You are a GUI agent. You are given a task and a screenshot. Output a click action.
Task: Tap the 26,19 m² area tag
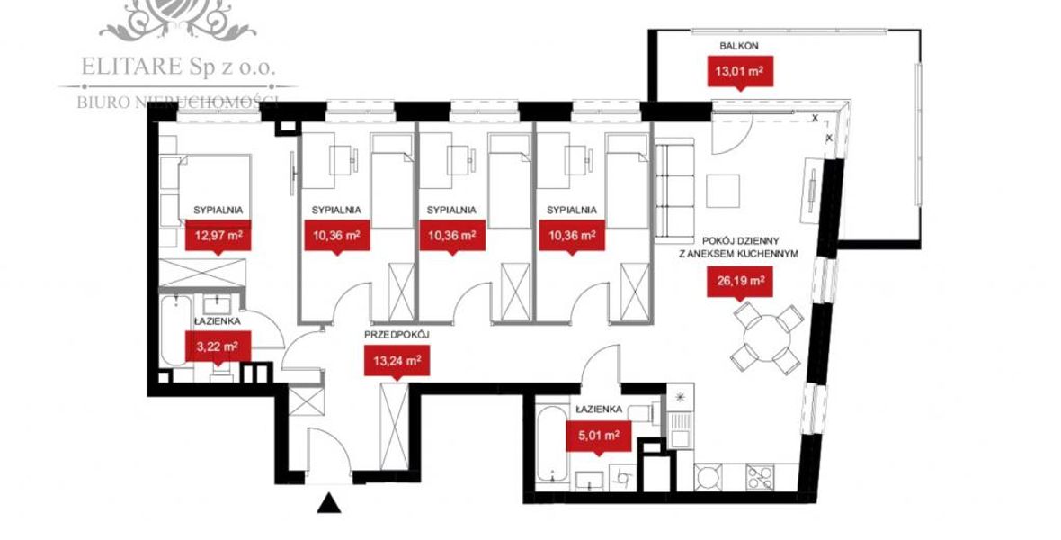740,281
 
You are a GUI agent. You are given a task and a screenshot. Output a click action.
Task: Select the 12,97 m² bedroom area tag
218,237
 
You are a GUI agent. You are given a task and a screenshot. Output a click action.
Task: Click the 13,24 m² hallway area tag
397,364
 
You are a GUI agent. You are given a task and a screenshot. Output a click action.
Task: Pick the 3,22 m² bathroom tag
218,347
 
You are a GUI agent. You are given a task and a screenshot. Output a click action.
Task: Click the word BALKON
739,46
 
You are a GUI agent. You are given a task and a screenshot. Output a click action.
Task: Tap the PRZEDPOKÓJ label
397,335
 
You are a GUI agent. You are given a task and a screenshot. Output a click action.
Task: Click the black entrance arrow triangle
328,503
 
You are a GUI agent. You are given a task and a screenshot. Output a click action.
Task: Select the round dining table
767,337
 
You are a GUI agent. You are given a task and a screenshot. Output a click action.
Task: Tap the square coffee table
723,191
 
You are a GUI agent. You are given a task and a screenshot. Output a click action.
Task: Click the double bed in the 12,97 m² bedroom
206,189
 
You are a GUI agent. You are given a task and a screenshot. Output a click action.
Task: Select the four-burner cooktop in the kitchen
760,477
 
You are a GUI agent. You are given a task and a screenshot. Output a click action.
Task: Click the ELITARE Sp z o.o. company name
178,67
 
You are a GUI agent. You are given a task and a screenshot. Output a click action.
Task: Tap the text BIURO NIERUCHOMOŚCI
178,103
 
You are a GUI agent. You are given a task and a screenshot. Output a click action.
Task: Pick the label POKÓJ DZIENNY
740,241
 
